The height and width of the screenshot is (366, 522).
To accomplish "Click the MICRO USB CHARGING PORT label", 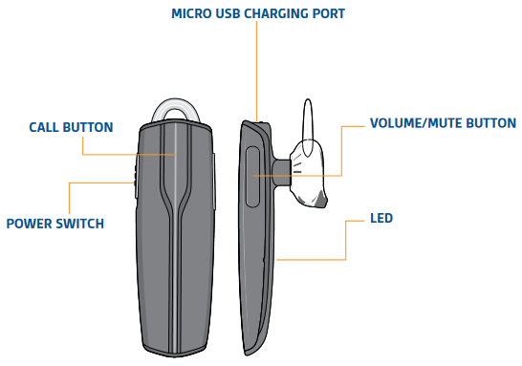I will pos(257,14).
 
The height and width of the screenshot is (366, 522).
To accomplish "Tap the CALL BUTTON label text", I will pos(71,127).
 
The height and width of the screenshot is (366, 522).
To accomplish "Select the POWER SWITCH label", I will pos(54,224).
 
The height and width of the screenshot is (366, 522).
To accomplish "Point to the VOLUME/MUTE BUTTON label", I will pos(443,124).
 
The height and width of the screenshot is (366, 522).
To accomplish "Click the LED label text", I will pos(381,218).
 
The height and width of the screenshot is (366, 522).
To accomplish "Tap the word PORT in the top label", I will pos(325,14).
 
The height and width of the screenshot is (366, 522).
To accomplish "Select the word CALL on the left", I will pos(46,127).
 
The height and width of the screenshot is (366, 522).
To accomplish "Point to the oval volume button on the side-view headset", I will pos(253,176).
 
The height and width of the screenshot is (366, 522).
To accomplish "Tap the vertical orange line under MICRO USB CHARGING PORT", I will pos(257,67).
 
